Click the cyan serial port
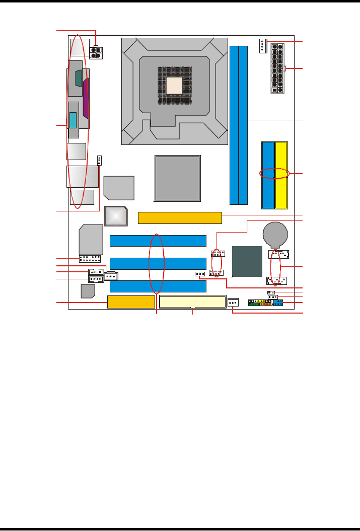coord(74,121)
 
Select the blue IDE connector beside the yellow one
coord(267,175)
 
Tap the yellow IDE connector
coord(281,175)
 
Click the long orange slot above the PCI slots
coord(180,218)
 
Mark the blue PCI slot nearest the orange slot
coord(158,241)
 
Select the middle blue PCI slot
coord(158,263)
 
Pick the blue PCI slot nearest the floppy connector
coord(158,286)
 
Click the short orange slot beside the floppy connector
coord(131,302)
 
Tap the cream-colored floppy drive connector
coord(192,302)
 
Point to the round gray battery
coord(275,234)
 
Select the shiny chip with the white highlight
coord(115,216)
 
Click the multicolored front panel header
coord(266,303)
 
